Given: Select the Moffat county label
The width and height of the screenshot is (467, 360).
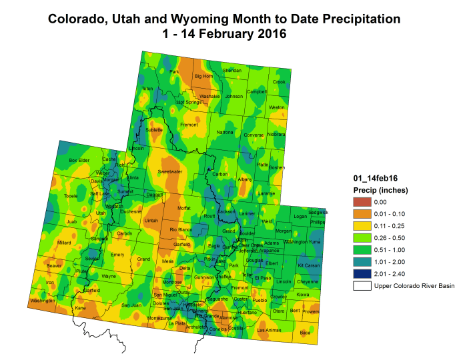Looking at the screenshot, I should pyautogui.click(x=183, y=208).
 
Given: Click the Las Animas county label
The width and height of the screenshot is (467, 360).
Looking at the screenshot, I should pyautogui.click(x=269, y=330).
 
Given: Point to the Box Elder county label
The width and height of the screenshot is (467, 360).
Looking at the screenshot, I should pyautogui.click(x=79, y=160).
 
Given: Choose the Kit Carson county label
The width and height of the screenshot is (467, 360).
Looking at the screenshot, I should pyautogui.click(x=309, y=265).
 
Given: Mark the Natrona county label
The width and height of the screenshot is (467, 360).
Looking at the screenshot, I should pyautogui.click(x=225, y=133).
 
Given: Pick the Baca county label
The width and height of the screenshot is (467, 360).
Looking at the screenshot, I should pyautogui.click(x=305, y=331).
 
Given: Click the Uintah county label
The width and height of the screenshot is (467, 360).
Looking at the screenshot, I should pyautogui.click(x=151, y=220).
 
